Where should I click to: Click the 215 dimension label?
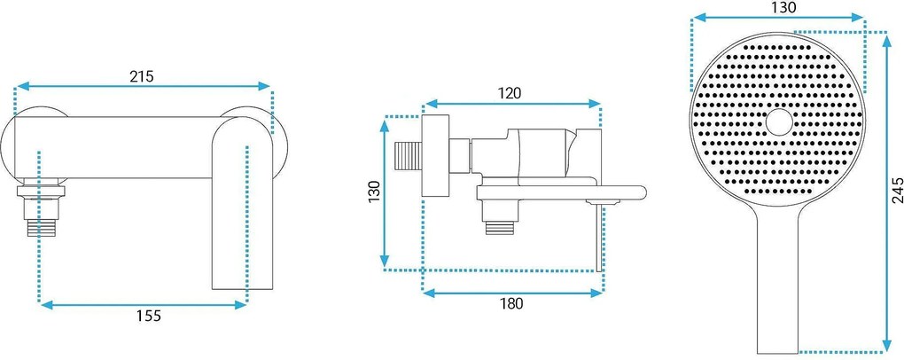click(141, 76)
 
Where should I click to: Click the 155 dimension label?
click(148, 316)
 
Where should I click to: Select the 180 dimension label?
click(510, 303)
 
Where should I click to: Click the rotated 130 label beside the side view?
click(375, 193)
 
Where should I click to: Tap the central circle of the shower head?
click(779, 121)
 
